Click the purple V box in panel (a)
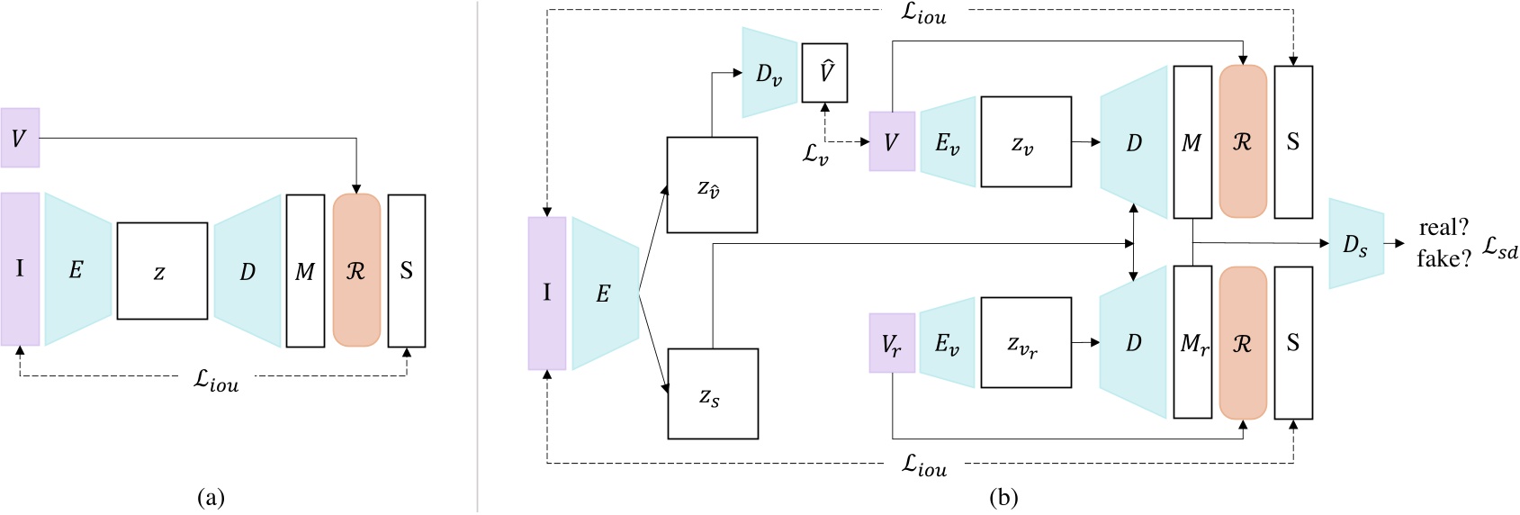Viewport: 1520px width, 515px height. coord(20,138)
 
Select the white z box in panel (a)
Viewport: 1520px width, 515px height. coord(162,271)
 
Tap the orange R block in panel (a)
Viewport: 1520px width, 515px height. coord(356,270)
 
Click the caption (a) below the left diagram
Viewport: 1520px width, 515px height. coord(211,497)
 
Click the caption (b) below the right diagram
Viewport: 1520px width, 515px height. coord(1003,497)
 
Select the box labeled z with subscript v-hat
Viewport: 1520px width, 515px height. coord(712,185)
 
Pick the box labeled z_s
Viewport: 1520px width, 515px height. coord(712,394)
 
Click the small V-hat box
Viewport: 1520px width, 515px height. coord(824,72)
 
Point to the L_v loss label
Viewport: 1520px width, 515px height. coord(815,153)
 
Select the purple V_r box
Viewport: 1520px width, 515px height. coord(892,343)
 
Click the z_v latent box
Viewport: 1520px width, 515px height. coord(1026,142)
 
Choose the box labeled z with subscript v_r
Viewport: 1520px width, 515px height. coord(1026,343)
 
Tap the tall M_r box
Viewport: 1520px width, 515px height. coord(1192,343)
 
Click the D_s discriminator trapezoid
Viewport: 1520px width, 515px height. coord(1355,244)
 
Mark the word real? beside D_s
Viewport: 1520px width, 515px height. coord(1444,228)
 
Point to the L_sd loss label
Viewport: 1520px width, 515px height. coord(1499,248)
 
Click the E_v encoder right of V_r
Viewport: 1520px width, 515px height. coord(947,343)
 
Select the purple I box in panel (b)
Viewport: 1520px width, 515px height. coord(547,294)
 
